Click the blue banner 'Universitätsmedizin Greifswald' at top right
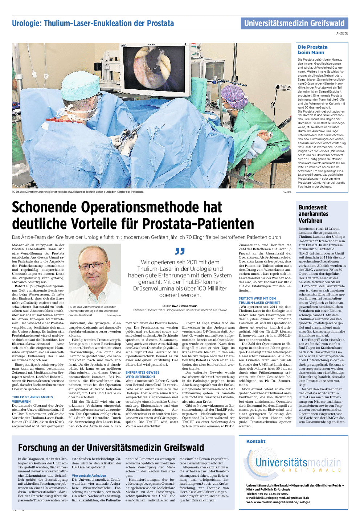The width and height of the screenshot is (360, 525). [x=294, y=24]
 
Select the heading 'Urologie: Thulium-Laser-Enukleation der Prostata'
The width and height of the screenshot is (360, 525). [x=93, y=24]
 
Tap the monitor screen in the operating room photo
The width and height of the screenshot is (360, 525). [x=154, y=67]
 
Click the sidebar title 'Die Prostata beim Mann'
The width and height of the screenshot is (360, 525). [x=312, y=50]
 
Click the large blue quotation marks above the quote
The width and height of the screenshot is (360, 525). [x=180, y=251]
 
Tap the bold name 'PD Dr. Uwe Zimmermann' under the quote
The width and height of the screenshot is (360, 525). [x=180, y=306]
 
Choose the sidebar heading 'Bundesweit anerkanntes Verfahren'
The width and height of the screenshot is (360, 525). [x=313, y=214]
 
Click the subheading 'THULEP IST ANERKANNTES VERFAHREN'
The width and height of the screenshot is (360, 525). [x=33, y=399]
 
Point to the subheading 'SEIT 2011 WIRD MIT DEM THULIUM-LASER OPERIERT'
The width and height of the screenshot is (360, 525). [x=259, y=301]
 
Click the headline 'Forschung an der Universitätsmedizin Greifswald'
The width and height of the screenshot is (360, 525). [x=111, y=447]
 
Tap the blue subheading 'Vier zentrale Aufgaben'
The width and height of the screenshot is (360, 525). [x=89, y=475]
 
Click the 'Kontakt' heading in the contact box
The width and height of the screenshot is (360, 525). [x=256, y=441]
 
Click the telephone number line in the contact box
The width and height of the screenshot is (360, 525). [x=267, y=494]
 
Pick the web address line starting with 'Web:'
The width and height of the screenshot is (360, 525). [x=278, y=502]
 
